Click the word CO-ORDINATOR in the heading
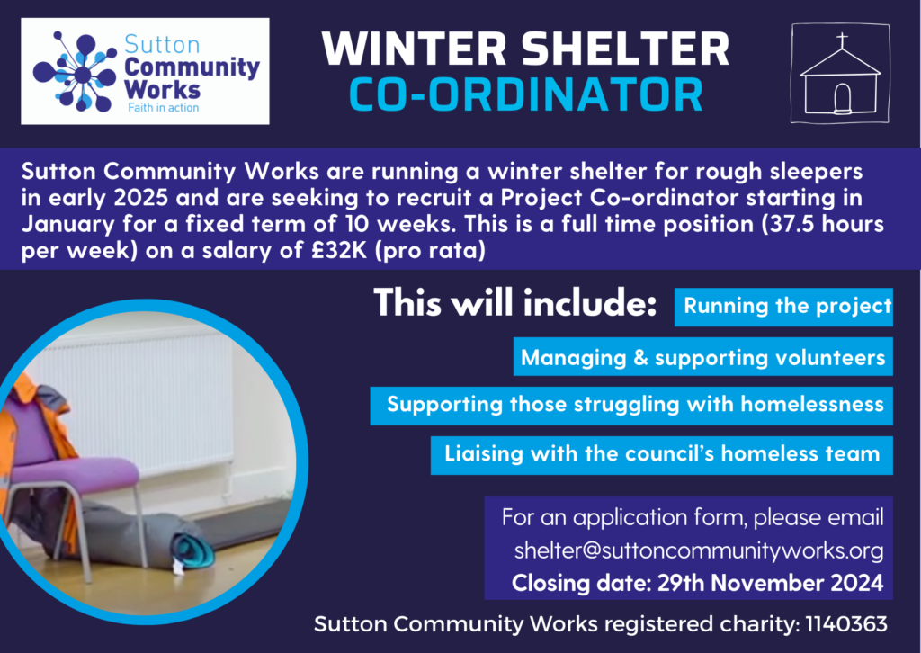click(x=526, y=94)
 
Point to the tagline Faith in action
click(x=164, y=107)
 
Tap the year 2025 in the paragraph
click(x=140, y=197)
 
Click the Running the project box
click(x=783, y=307)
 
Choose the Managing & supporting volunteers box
click(x=703, y=356)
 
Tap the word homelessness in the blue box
click(x=812, y=404)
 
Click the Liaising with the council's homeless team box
click(x=662, y=455)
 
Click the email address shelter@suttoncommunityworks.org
click(x=699, y=550)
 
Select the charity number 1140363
click(x=846, y=623)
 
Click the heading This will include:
click(x=514, y=303)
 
